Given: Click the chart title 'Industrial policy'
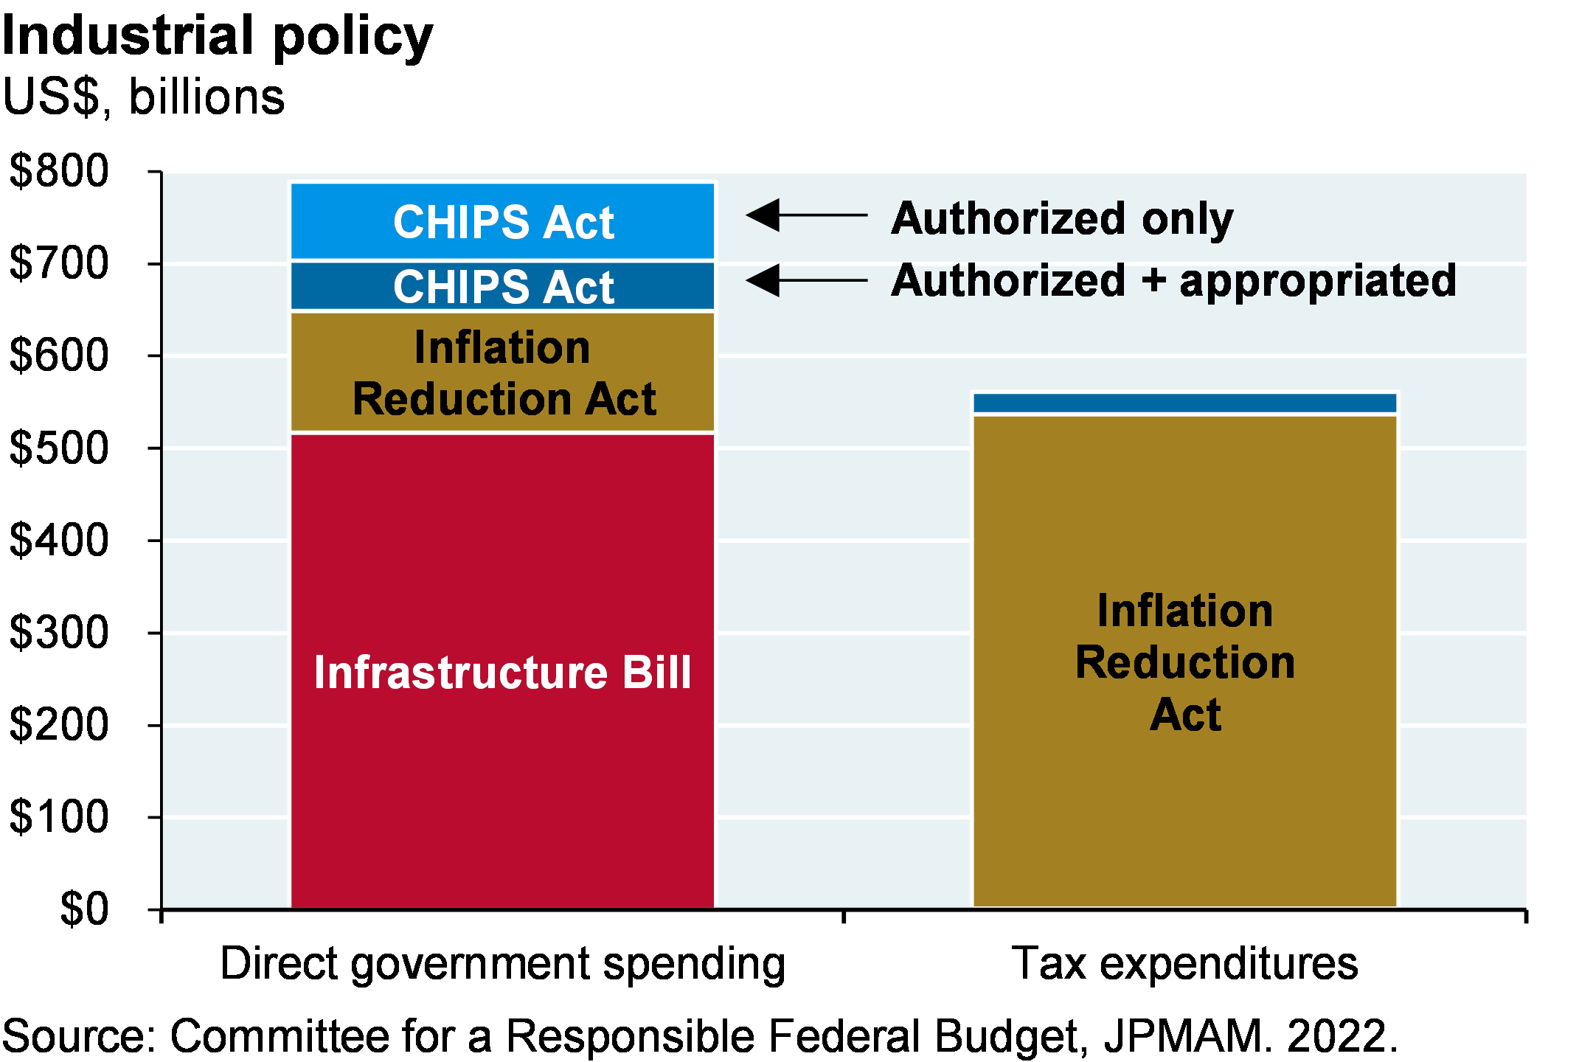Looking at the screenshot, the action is [218, 37].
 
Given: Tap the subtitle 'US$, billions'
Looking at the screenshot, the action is [144, 97].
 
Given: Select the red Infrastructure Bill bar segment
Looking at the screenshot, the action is [503, 670].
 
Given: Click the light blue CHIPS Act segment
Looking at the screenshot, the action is [503, 221].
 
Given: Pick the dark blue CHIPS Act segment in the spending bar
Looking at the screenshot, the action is [503, 286].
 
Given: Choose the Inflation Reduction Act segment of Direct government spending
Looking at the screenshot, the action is [503, 372].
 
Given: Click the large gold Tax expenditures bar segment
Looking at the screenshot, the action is [1185, 662].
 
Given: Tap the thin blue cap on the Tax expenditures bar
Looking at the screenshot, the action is [1185, 403].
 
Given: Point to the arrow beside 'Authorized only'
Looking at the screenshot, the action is [806, 215].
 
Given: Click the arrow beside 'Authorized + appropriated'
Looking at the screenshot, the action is [806, 280].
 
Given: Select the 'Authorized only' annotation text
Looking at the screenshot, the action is [1062, 219].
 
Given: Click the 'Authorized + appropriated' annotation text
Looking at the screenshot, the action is [1173, 281].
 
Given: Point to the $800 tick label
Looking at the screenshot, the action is [59, 171].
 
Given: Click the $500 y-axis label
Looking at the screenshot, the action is [59, 448].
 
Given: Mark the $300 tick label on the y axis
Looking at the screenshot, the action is [59, 633].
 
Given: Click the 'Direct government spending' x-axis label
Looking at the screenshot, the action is [503, 965].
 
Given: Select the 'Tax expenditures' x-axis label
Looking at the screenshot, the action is [1184, 963].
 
